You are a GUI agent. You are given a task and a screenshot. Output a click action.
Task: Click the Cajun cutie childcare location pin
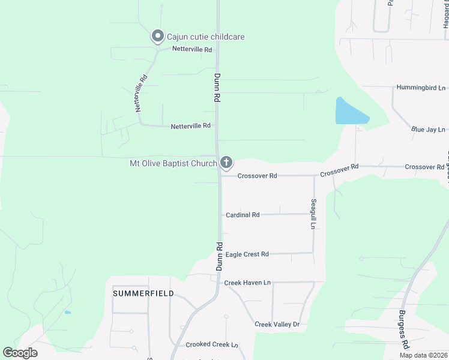(158, 37)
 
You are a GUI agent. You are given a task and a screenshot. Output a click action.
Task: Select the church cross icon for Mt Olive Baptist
(226, 162)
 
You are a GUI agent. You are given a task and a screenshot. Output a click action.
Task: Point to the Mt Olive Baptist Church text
(173, 163)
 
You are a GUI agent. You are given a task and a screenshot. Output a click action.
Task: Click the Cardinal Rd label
(243, 215)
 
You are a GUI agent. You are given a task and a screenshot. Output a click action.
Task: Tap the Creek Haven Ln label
(247, 283)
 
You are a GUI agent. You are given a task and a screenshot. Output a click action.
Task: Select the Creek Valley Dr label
(277, 325)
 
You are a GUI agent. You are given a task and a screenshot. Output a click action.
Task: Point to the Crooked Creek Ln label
(212, 345)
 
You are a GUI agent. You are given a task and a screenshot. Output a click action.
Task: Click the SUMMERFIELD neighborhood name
(143, 293)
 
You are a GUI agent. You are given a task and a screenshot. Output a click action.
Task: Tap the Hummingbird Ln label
(421, 88)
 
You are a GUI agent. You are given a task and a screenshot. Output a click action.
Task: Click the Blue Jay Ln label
(428, 130)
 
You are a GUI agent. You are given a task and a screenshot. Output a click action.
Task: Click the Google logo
(20, 353)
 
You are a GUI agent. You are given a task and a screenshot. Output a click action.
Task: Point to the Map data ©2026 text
(423, 355)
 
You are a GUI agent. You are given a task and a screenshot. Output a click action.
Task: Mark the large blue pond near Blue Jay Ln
(350, 112)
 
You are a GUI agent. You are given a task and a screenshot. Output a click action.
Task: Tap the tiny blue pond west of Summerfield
(68, 313)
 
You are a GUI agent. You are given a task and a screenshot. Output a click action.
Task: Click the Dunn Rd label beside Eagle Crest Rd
(220, 256)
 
